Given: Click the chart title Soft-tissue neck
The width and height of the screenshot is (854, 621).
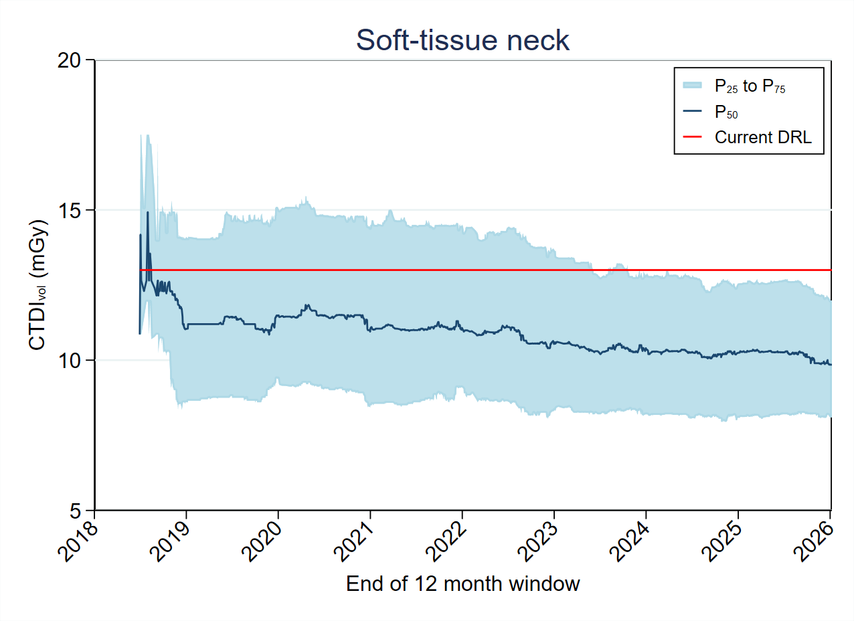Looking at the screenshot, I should click(462, 40).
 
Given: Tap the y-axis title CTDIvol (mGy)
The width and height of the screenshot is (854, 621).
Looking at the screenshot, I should click(38, 284).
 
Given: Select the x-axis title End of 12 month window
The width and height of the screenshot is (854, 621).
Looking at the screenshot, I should click(462, 584).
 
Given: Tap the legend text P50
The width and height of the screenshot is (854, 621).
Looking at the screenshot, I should click(726, 112).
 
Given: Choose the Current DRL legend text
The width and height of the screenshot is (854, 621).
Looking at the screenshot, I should click(763, 138).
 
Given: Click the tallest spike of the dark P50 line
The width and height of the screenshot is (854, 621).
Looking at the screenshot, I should click(147, 213).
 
